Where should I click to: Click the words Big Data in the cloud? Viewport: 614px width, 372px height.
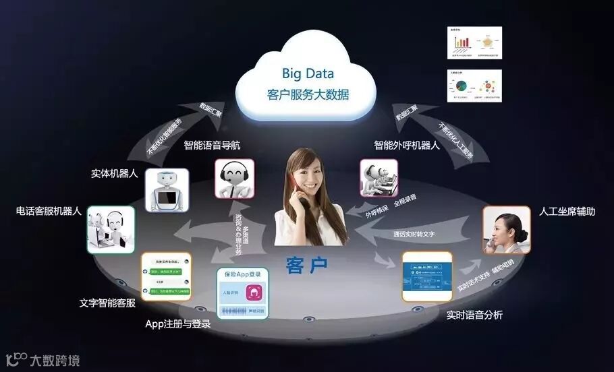point(308,73)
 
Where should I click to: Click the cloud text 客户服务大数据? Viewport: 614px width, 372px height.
point(308,94)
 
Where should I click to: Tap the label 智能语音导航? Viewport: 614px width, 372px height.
point(211,144)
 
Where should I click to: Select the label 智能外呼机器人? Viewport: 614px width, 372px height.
point(407,144)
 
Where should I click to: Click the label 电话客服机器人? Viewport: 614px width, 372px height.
point(49,211)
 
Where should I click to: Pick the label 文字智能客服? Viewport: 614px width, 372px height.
point(107,303)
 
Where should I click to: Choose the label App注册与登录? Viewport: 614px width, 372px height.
point(178,323)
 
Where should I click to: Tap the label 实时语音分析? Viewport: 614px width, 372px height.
point(474,315)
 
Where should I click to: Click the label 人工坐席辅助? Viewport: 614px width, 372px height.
point(567,212)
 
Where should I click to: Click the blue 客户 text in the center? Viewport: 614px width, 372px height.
point(307,265)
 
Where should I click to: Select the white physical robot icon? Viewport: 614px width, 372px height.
point(167,189)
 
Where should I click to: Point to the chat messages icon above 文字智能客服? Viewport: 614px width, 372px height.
point(165,276)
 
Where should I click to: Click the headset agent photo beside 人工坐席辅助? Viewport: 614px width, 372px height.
point(506,229)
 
